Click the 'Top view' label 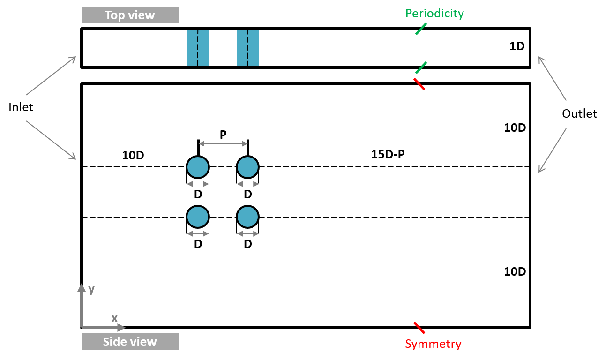point(130,15)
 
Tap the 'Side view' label point(130,342)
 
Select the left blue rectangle point(198,48)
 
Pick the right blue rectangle point(247,48)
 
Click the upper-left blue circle point(198,167)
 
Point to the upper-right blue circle point(247,167)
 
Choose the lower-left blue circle point(198,217)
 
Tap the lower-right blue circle point(247,217)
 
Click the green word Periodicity point(434,14)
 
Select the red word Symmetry point(433,344)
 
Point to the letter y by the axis point(91,289)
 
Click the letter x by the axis point(114,318)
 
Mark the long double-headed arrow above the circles point(223,143)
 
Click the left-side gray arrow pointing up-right point(51,76)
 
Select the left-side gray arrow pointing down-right point(51,140)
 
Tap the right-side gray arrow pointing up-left point(553,78)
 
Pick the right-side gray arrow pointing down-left point(553,150)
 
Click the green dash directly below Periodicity point(421,29)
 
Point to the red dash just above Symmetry point(419,328)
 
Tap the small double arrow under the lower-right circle point(247,233)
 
